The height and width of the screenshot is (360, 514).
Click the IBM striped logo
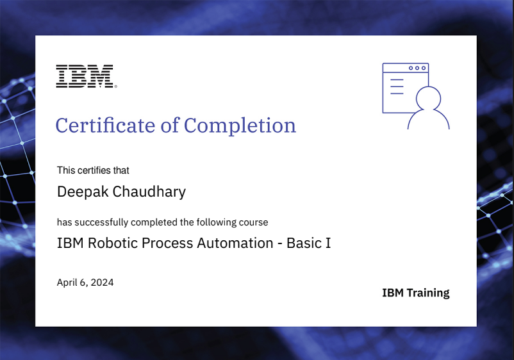pyautogui.click(x=85, y=76)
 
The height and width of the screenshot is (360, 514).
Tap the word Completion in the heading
pyautogui.click(x=240, y=125)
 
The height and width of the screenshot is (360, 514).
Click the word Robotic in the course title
pyautogui.click(x=110, y=243)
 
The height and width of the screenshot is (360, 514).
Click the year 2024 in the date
pyautogui.click(x=101, y=282)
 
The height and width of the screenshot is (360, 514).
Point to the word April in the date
pyautogui.click(x=68, y=282)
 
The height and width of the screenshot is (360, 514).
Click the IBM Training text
pyautogui.click(x=416, y=293)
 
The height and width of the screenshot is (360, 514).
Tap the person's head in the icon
pyautogui.click(x=428, y=99)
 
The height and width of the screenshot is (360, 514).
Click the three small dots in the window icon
pyautogui.click(x=417, y=68)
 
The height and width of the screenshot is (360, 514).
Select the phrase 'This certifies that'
pyautogui.click(x=93, y=170)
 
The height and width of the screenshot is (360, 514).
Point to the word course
pyautogui.click(x=254, y=222)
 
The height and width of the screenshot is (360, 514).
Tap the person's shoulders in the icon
pyautogui.click(x=428, y=120)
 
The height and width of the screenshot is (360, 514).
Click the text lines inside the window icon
pyautogui.click(x=397, y=86)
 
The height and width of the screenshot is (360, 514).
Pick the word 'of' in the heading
pyautogui.click(x=170, y=125)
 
